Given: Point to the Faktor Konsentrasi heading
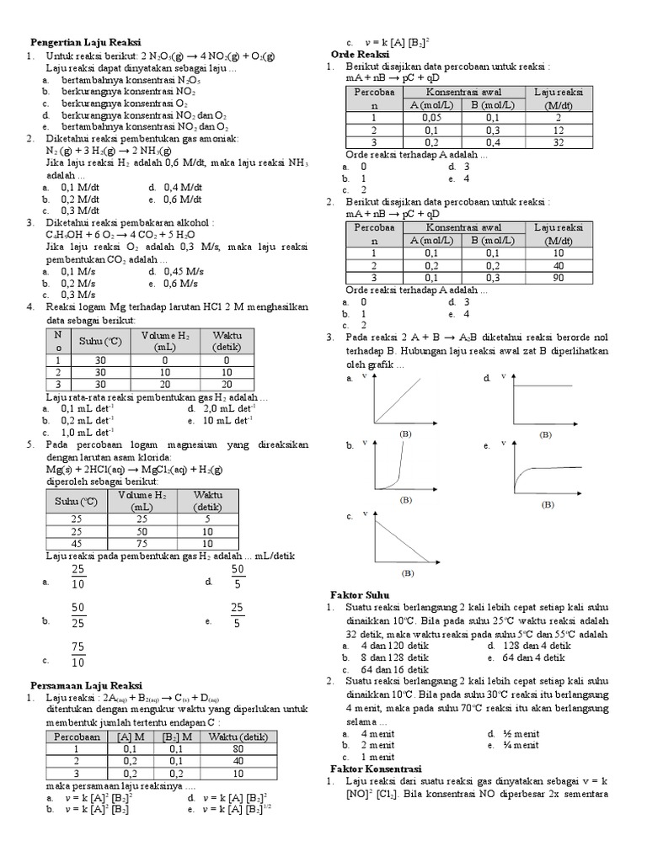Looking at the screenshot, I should (x=374, y=769).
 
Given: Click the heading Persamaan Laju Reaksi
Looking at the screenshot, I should (x=87, y=685).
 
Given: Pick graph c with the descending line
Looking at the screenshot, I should (x=398, y=539).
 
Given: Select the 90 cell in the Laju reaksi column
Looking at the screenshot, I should (x=558, y=277).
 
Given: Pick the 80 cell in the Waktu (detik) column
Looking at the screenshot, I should (x=238, y=748).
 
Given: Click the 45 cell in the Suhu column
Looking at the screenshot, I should (x=77, y=543).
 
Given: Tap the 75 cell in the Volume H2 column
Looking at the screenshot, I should (x=142, y=543).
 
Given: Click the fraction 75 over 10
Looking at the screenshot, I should (x=78, y=655).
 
